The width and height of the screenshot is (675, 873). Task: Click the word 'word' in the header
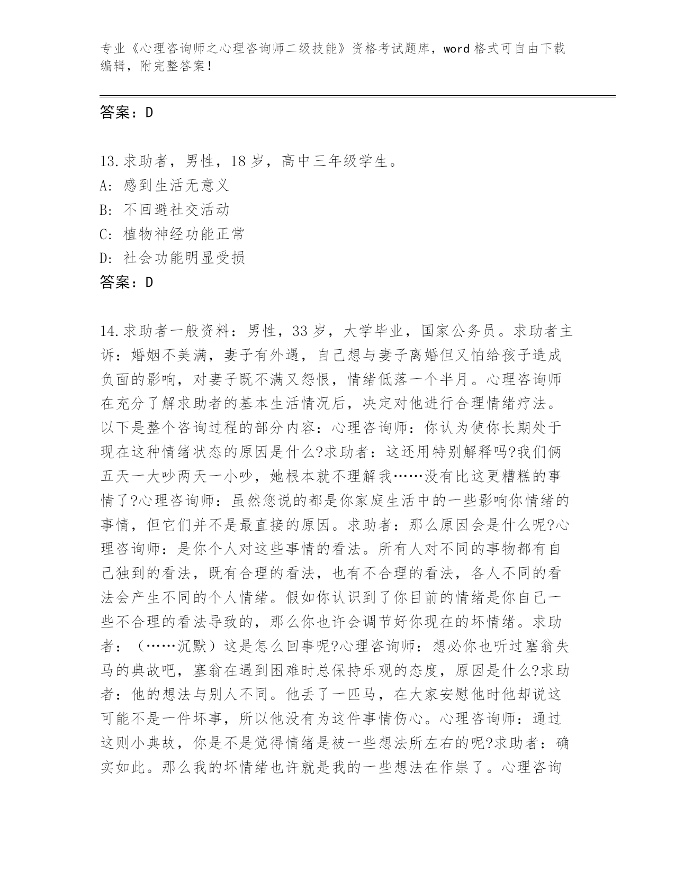(456, 49)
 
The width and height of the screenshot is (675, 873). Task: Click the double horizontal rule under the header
(357, 96)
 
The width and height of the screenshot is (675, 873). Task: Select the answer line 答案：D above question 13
(127, 113)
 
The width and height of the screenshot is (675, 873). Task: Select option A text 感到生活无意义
(176, 185)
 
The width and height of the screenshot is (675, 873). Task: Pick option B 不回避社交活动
(176, 210)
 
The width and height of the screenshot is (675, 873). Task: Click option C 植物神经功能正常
(184, 234)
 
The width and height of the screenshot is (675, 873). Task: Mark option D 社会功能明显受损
(184, 258)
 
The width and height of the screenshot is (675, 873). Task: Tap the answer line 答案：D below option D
(127, 283)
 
